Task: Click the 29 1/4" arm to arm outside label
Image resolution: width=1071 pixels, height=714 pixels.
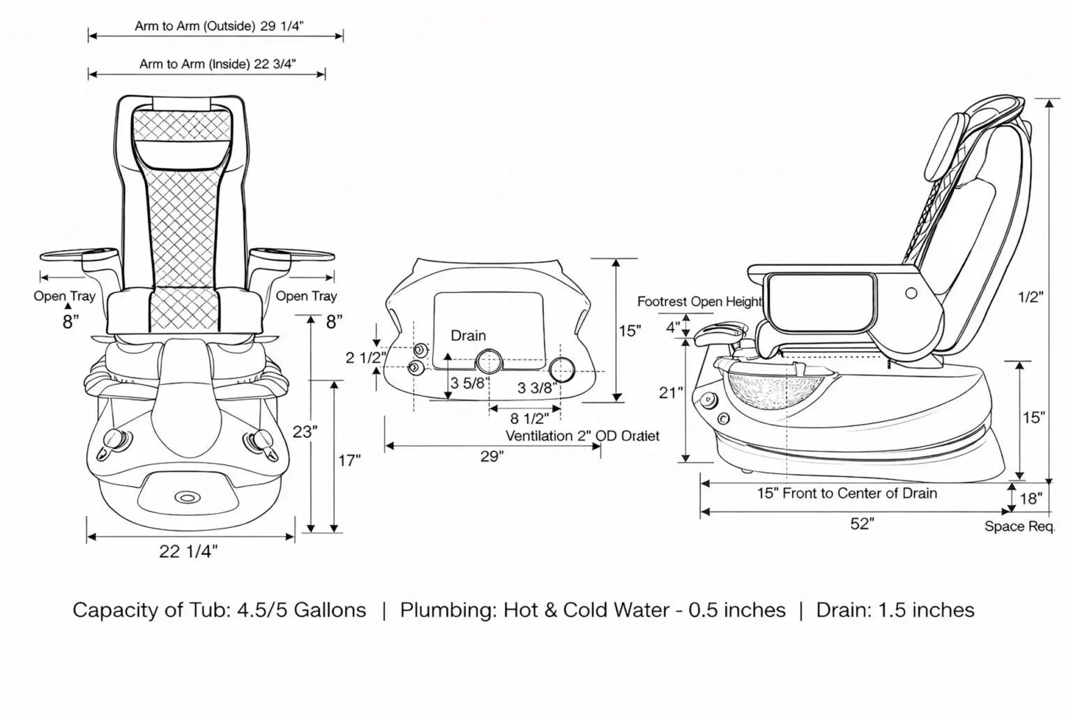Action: [x=219, y=26]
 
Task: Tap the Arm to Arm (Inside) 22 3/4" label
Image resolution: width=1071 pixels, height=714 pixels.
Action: [x=218, y=64]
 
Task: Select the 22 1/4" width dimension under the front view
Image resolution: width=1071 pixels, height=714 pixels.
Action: [x=188, y=552]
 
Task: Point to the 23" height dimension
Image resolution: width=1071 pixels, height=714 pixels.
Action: [x=305, y=432]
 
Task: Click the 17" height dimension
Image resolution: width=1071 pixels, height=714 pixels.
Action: [x=349, y=461]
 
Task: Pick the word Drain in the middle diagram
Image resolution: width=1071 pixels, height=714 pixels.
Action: [x=468, y=335]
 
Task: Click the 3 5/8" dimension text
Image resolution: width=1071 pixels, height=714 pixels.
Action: [x=470, y=383]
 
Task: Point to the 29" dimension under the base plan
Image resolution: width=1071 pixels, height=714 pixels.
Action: [x=492, y=457]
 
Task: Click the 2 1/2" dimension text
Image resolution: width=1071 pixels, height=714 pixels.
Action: [x=366, y=358]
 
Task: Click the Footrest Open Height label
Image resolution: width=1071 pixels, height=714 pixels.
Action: [x=700, y=301]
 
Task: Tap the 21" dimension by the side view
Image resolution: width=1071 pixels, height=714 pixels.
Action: [x=671, y=393]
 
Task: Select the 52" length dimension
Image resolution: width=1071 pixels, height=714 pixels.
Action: [x=862, y=524]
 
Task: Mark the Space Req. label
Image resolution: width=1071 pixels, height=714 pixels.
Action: [x=1019, y=526]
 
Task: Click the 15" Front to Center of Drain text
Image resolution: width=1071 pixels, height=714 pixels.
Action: [x=847, y=494]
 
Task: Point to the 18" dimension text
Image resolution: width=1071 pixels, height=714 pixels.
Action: [x=1031, y=499]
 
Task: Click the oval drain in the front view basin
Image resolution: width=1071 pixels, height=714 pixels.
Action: [x=186, y=496]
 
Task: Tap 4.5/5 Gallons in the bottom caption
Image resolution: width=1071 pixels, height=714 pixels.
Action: [x=301, y=610]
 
